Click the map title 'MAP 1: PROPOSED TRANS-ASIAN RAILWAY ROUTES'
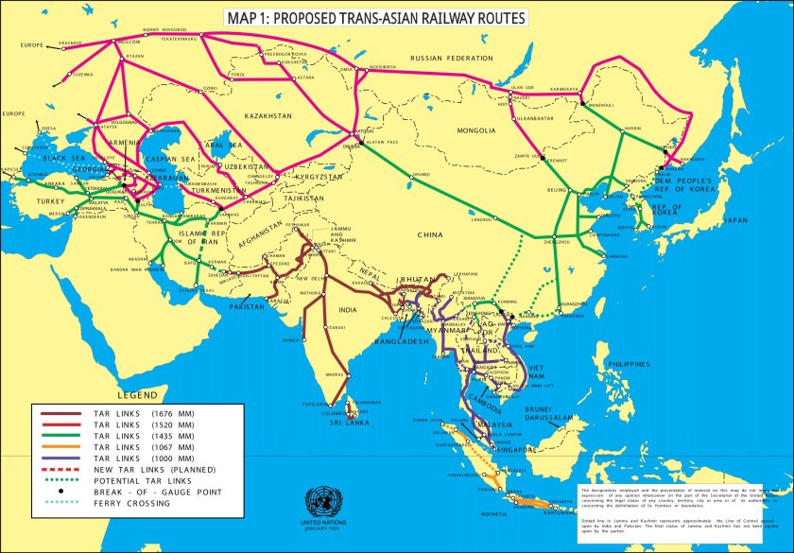coord(375,18)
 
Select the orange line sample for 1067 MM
coord(60,446)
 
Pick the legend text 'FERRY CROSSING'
coord(131,503)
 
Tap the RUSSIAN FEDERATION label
coord(451,59)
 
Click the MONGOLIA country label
coord(476,130)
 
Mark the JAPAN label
coord(734,220)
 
